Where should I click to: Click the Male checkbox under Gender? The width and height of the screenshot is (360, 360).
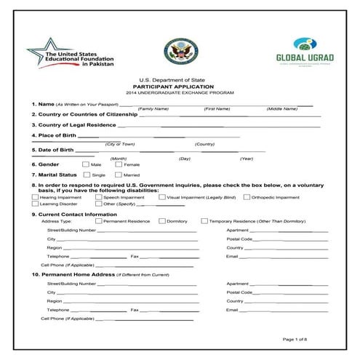86,164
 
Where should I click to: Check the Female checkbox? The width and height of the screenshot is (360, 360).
119,164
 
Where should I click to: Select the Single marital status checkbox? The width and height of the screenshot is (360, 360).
87,175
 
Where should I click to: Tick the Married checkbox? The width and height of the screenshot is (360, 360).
119,175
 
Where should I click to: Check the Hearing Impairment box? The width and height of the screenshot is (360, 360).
35,197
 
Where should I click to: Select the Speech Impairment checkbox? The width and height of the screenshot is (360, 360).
98,197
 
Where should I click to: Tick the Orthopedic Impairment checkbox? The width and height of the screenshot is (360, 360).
246,197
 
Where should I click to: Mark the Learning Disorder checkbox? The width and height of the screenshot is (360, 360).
35,204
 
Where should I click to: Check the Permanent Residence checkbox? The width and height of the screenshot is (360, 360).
99,220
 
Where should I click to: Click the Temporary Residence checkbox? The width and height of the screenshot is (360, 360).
204,220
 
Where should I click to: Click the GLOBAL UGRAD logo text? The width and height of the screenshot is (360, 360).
300,59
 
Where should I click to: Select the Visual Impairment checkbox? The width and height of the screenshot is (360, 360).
161,197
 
